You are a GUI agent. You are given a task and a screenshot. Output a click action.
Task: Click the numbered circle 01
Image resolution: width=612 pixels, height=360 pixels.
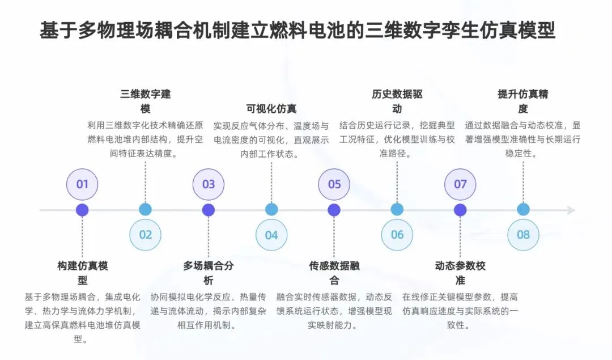[82, 184]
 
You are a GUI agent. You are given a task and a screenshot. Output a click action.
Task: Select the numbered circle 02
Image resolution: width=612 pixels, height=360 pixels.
[146, 235]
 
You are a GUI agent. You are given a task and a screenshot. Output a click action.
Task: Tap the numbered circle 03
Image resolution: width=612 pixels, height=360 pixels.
[209, 184]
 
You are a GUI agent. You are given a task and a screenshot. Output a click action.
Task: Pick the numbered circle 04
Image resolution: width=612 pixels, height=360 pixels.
[271, 235]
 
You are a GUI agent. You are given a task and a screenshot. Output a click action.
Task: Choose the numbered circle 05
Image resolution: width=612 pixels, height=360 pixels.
[334, 184]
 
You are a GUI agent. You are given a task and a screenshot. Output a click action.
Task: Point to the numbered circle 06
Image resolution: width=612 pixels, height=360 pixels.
[397, 235]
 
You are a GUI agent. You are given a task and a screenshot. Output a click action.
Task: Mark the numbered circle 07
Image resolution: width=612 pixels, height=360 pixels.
[460, 184]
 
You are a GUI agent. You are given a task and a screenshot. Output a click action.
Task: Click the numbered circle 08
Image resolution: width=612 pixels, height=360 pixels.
[523, 235]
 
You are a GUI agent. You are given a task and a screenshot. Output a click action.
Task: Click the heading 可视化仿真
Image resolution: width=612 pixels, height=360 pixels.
[271, 109]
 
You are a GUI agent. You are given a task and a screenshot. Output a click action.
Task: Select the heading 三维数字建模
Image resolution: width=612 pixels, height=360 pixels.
[146, 101]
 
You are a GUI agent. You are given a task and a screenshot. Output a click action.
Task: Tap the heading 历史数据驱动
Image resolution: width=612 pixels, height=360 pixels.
[397, 101]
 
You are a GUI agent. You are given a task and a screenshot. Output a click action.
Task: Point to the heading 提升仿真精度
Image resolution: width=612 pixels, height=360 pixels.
[523, 101]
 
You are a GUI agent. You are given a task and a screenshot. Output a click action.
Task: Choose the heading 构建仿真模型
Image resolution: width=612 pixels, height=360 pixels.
[83, 273]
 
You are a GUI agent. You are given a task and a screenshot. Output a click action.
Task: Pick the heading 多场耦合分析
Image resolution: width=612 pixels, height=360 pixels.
[209, 273]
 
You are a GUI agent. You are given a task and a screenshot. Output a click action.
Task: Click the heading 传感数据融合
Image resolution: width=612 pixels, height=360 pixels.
[334, 273]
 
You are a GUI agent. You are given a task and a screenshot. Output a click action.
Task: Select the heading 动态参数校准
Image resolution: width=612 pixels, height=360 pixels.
[460, 273]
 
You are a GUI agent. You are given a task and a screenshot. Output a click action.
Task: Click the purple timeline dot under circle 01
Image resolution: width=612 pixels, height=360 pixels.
[83, 210]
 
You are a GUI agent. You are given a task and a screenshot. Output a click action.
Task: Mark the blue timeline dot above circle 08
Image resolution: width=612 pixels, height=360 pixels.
[523, 210]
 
